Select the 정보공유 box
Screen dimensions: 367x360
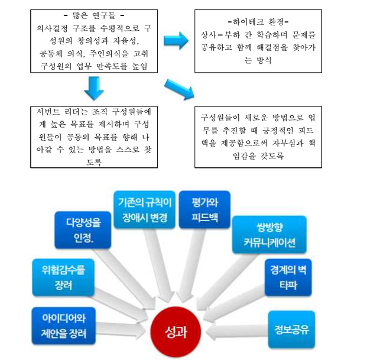click(291, 326)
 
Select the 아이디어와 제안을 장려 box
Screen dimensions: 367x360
click(61, 326)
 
